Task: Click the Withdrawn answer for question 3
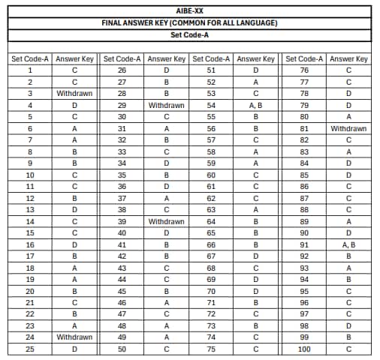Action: click(74, 94)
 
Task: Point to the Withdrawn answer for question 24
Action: click(74, 337)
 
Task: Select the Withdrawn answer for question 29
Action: click(167, 106)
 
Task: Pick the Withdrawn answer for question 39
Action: click(167, 222)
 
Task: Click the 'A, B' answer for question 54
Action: click(256, 106)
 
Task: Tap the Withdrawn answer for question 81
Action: click(348, 129)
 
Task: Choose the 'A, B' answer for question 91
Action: click(348, 245)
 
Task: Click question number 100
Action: click(304, 349)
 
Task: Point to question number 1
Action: click(30, 70)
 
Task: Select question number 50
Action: click(122, 349)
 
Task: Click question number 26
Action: click(122, 70)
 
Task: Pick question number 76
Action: click(304, 70)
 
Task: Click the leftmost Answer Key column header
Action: click(74, 58)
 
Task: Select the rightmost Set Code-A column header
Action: click(305, 58)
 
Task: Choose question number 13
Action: click(30, 210)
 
